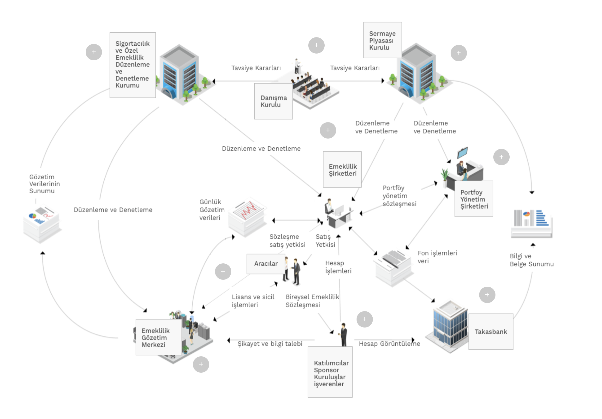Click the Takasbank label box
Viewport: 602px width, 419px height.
tap(491, 331)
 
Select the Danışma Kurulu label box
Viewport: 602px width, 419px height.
tap(273, 101)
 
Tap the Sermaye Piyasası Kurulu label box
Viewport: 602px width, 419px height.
tap(382, 40)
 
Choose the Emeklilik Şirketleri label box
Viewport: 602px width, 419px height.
tap(342, 170)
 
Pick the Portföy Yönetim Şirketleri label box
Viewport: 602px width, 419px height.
tap(474, 199)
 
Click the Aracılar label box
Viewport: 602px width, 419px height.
tap(266, 263)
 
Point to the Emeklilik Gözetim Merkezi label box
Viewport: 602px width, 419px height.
tap(158, 337)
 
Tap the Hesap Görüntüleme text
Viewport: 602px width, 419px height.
tap(389, 343)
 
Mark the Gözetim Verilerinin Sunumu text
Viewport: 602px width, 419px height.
tap(44, 184)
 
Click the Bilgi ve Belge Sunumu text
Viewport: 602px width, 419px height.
tap(531, 260)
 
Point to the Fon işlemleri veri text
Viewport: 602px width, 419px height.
tap(437, 257)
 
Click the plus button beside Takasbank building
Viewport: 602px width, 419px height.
tap(487, 295)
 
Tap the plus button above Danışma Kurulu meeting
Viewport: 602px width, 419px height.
tap(316, 45)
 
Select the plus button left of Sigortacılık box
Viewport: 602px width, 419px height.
tap(94, 52)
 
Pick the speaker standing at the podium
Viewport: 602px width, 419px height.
tap(297, 66)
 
